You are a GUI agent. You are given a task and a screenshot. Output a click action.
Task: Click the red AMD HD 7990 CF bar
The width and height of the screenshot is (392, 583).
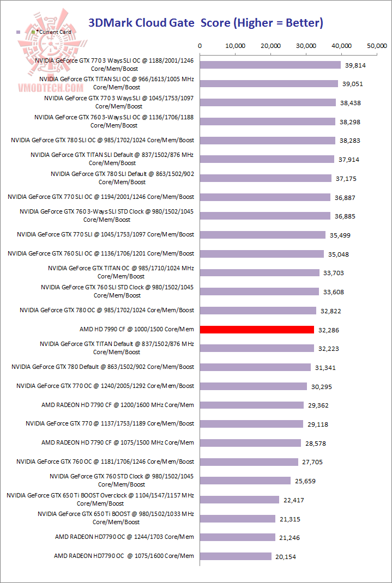coord(257,330)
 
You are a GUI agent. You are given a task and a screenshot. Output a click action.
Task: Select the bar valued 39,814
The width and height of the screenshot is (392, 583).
coord(270,65)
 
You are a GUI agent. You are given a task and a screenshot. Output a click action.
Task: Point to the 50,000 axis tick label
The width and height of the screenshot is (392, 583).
coord(377,46)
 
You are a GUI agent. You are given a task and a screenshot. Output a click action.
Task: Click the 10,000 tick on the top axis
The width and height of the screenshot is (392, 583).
coord(235,46)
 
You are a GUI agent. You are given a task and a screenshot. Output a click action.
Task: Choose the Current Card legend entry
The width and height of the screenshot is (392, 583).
coord(54,32)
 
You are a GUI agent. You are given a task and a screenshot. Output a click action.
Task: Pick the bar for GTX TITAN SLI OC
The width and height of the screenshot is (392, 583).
coord(269,84)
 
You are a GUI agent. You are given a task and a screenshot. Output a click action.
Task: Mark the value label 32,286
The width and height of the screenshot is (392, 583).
coord(330,330)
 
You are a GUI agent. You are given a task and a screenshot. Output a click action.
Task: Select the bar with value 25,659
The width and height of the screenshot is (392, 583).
coord(245,481)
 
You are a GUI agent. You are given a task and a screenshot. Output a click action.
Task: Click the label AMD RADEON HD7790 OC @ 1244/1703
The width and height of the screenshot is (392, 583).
coord(124,537)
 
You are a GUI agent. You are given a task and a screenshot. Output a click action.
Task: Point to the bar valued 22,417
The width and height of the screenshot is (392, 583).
coord(239,500)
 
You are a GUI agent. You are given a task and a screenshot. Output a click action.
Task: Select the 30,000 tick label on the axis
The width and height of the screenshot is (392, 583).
coord(306,46)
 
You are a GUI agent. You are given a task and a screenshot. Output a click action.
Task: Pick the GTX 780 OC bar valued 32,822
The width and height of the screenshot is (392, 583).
coord(258,311)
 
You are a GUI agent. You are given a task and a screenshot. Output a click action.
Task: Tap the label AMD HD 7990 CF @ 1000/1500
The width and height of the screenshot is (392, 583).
coord(136,329)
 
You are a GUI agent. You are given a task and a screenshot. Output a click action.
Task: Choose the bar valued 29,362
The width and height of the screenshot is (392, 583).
coord(252,405)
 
